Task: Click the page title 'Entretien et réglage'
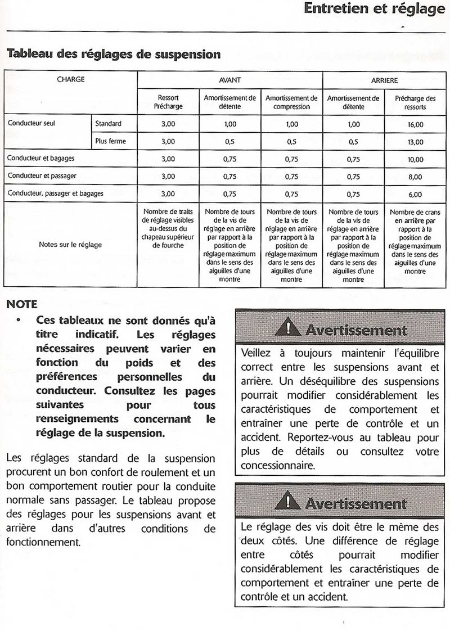[x=374, y=10]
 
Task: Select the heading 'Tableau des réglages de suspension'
[x=113, y=55]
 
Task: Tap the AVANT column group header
[x=229, y=80]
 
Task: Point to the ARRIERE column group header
[x=384, y=80]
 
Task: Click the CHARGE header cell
[x=71, y=79]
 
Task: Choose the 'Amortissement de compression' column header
[x=291, y=102]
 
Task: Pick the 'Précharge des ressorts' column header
[x=415, y=102]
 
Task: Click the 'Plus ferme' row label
[x=110, y=141]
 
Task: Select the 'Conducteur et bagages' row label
[x=41, y=159]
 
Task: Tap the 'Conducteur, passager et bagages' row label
[x=55, y=193]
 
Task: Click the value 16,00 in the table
[x=415, y=124]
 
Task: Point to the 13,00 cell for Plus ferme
[x=415, y=142]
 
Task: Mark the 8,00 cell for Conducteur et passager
[x=415, y=176]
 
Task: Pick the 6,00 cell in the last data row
[x=415, y=194]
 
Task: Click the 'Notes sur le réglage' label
[x=70, y=245]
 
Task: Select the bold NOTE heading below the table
[x=22, y=304]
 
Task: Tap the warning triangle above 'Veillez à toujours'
[x=289, y=327]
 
